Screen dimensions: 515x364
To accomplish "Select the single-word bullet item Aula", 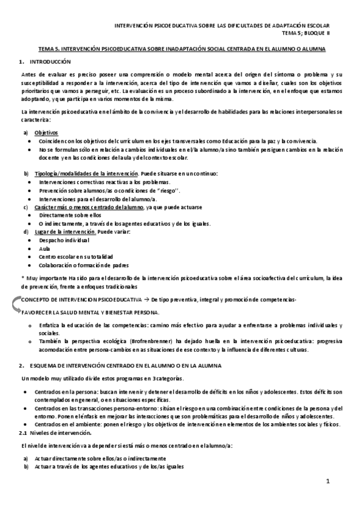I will [44, 249].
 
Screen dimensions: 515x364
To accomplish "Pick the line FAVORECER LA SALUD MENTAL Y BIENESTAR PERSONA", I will [90, 312].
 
